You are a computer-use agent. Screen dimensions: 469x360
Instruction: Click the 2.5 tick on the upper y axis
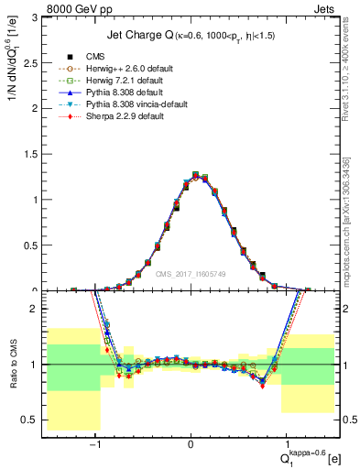coord(35,63)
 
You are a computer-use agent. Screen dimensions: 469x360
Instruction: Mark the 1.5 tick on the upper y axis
coord(35,154)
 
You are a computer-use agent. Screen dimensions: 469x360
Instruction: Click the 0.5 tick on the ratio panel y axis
coord(35,420)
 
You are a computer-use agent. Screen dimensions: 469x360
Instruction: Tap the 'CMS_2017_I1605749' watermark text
coord(191,273)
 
